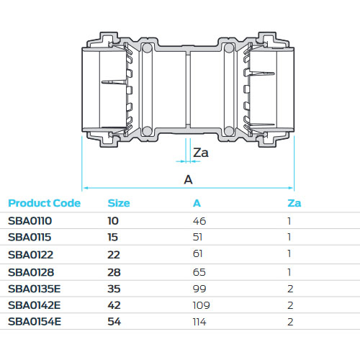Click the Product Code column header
[44, 203]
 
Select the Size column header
[118, 203]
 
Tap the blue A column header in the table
[197, 203]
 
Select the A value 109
[201, 305]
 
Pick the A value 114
[200, 322]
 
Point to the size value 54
[114, 322]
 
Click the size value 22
[114, 254]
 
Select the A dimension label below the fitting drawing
[189, 179]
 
